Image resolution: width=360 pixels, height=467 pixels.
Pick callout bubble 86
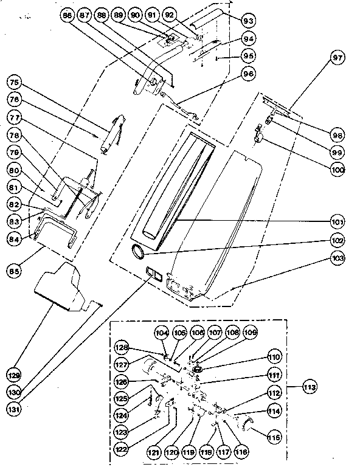67,15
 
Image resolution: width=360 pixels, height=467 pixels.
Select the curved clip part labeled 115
247,422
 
